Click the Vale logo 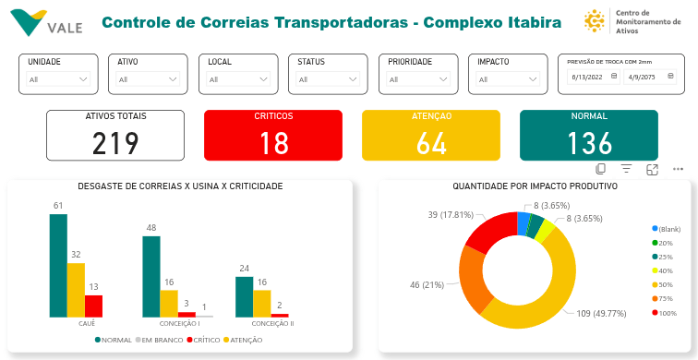click(47, 22)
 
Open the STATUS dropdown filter click(328, 79)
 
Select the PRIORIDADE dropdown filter click(417, 79)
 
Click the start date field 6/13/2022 click(592, 78)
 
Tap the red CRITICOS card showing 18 click(273, 136)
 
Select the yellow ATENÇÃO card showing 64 click(431, 136)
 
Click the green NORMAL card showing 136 click(589, 136)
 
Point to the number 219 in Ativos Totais click(115, 143)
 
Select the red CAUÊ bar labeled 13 click(93, 306)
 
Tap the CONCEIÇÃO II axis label click(272, 324)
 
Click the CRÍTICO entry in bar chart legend click(205, 341)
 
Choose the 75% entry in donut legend click(664, 299)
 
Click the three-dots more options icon click(678, 169)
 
